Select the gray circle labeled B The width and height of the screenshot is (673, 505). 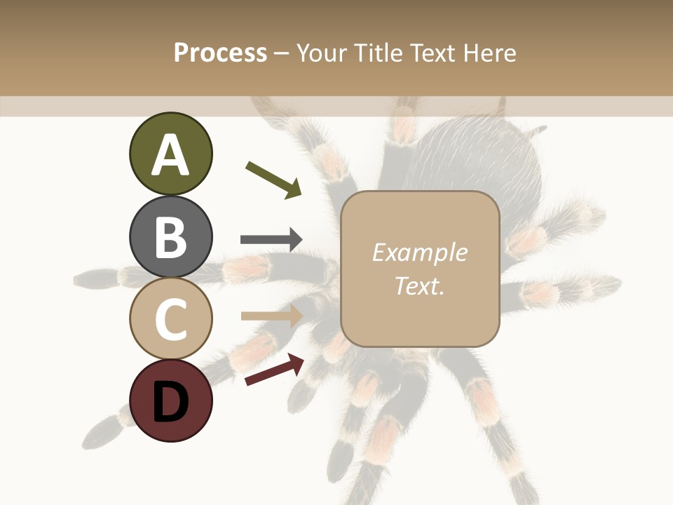170,236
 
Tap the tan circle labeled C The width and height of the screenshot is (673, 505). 170,318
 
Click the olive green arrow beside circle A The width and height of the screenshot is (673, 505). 274,180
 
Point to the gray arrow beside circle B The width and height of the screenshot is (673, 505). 271,240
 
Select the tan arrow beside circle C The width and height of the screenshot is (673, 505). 271,316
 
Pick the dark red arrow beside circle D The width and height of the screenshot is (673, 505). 274,370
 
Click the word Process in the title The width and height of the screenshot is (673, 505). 220,53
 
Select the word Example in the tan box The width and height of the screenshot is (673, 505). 419,252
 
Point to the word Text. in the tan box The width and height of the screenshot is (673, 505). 419,286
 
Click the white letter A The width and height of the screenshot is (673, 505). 170,155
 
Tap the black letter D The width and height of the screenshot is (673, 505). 170,402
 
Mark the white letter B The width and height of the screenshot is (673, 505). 170,237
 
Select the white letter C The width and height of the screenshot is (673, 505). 170,319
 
